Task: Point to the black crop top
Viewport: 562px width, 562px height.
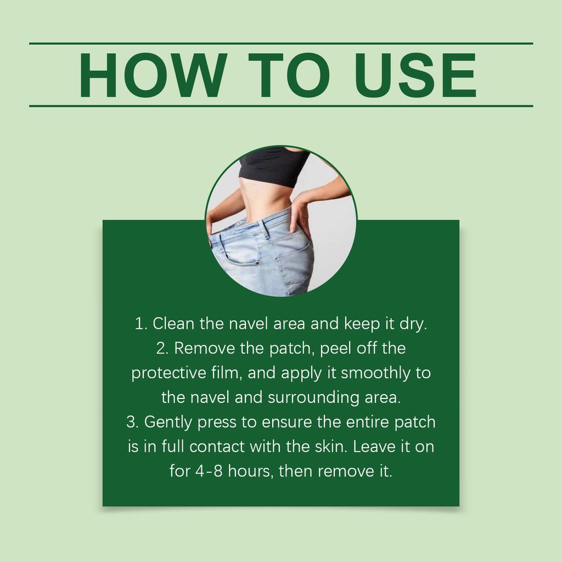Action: coord(273,167)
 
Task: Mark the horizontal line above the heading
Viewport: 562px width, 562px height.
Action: coord(281,43)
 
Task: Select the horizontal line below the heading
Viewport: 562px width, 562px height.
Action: coord(281,105)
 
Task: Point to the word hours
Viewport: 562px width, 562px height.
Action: coord(251,471)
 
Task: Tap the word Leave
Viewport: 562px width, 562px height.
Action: coord(374,447)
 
